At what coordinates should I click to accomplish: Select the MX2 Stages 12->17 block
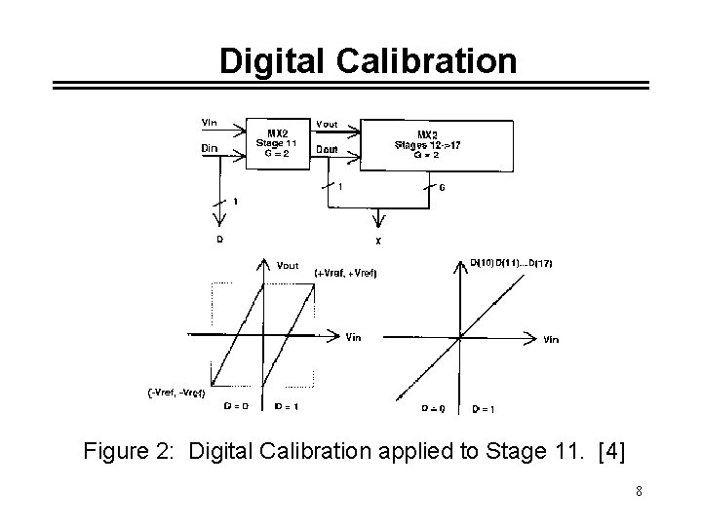[436, 144]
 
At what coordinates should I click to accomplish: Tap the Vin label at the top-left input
[209, 123]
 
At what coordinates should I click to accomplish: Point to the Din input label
[209, 148]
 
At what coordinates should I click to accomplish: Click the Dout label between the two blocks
[329, 149]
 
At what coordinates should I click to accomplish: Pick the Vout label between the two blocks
[329, 125]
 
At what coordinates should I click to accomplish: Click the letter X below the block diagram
[377, 241]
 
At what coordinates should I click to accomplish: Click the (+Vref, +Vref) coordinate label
[345, 274]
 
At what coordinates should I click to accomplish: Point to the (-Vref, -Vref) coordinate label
[176, 392]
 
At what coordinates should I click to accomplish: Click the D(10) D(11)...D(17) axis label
[511, 262]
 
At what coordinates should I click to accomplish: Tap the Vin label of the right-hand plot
[551, 339]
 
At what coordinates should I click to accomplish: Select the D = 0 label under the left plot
[235, 406]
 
